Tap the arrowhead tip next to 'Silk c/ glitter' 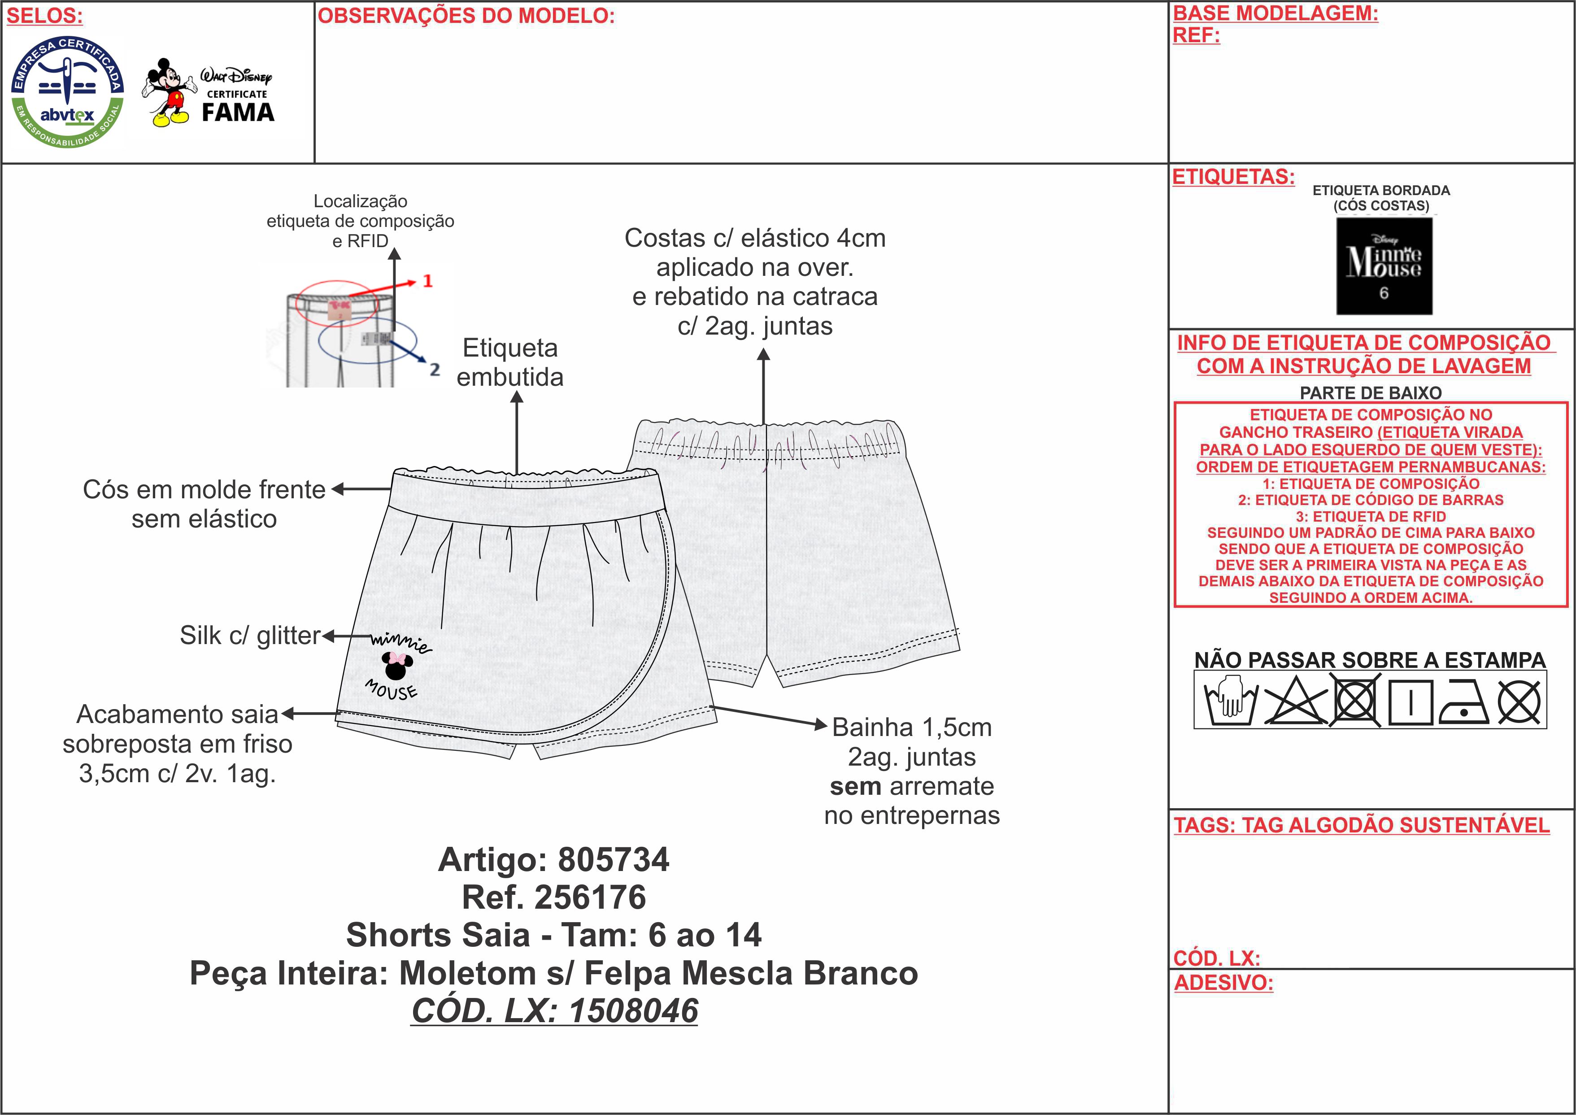click(x=322, y=636)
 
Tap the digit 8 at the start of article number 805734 click(x=568, y=860)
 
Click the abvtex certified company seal click(x=67, y=92)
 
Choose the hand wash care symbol click(x=1231, y=700)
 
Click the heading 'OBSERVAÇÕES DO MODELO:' click(x=466, y=16)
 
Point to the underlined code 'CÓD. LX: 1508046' click(x=555, y=1010)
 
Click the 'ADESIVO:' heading click(x=1223, y=983)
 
